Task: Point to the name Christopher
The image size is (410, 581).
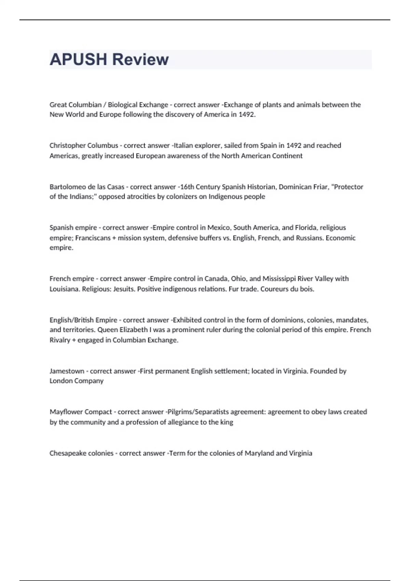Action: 67,146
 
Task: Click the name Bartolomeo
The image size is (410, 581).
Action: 67,187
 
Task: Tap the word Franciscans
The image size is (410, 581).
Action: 91,238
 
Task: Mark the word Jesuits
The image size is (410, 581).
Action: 124,289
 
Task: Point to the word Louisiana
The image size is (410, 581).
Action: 65,289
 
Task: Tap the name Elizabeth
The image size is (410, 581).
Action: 134,330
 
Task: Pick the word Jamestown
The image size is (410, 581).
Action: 67,371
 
